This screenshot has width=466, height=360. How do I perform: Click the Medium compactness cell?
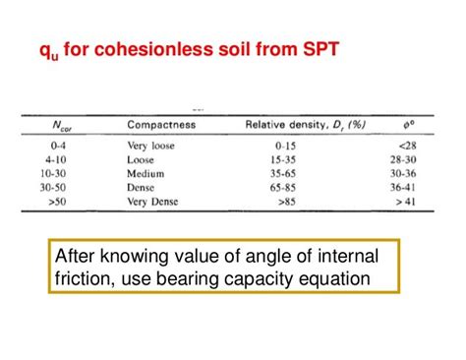point(147,171)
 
